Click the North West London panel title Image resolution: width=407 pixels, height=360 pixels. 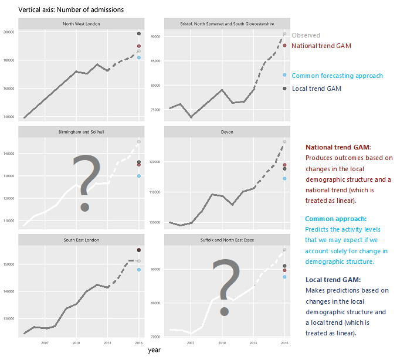tap(82, 23)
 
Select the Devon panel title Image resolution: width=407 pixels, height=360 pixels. tap(227, 132)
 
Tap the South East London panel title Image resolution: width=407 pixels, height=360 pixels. tap(82, 240)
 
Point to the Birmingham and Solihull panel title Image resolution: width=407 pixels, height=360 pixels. tap(82, 132)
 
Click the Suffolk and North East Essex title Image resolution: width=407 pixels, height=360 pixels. tap(227, 240)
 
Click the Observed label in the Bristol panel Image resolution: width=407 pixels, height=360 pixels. tap(306, 36)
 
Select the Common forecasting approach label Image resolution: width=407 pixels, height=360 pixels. tap(337, 76)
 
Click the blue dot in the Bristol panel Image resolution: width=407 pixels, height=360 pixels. tap(284, 75)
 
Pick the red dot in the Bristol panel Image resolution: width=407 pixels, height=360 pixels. tap(284, 45)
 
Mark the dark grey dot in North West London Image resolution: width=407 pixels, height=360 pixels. tap(139, 34)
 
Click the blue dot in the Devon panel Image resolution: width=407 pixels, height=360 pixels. tap(284, 178)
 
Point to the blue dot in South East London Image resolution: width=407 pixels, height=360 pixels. tap(139, 270)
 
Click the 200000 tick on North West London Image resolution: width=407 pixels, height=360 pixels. tap(10, 32)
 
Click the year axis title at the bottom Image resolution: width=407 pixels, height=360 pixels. tap(154, 350)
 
